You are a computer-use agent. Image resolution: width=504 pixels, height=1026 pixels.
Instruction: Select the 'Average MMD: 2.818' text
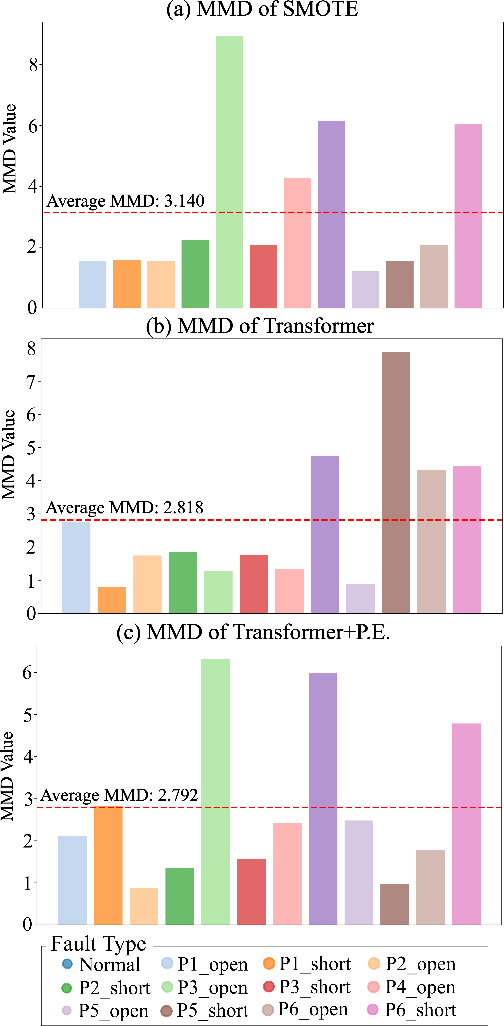pos(124,507)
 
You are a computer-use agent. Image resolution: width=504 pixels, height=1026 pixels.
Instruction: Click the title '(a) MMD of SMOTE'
pos(262,9)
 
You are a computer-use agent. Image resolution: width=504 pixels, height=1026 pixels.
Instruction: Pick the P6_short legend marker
pos(372,1010)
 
